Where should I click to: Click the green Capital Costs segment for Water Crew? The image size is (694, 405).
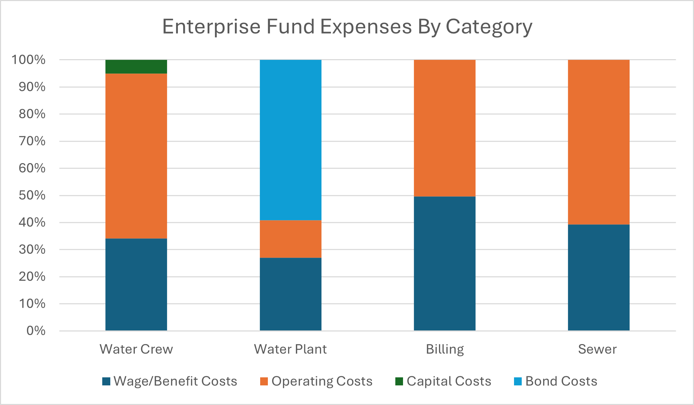coord(136,67)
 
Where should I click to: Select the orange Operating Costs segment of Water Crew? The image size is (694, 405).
coord(136,156)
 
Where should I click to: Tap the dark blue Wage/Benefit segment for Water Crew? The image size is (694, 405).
coord(136,284)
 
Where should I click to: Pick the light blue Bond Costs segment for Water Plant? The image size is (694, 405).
coord(291,140)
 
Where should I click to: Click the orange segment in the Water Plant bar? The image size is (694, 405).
coord(291,239)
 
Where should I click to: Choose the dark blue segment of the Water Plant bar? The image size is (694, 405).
coord(291,294)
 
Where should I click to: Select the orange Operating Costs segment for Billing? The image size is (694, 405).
coord(445,128)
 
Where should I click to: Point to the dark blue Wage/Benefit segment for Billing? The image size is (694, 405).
coord(445,263)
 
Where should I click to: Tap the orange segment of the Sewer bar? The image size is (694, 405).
coord(599,142)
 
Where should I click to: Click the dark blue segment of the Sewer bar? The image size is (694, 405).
coord(599,277)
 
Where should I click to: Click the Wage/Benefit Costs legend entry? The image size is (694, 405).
coord(170,381)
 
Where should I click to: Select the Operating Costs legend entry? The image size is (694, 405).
coord(317,381)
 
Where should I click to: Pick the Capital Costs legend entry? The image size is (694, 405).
coord(443,381)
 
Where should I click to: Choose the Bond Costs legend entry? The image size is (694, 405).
coord(556,381)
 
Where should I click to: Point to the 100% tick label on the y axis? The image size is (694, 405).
coord(29,60)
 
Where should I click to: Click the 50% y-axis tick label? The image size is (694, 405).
coord(32,195)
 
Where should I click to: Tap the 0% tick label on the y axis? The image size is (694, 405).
coord(36,331)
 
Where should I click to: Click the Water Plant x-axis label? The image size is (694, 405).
coord(290,349)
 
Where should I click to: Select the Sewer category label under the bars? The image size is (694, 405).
coord(597,349)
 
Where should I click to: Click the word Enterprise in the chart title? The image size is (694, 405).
coord(211,27)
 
